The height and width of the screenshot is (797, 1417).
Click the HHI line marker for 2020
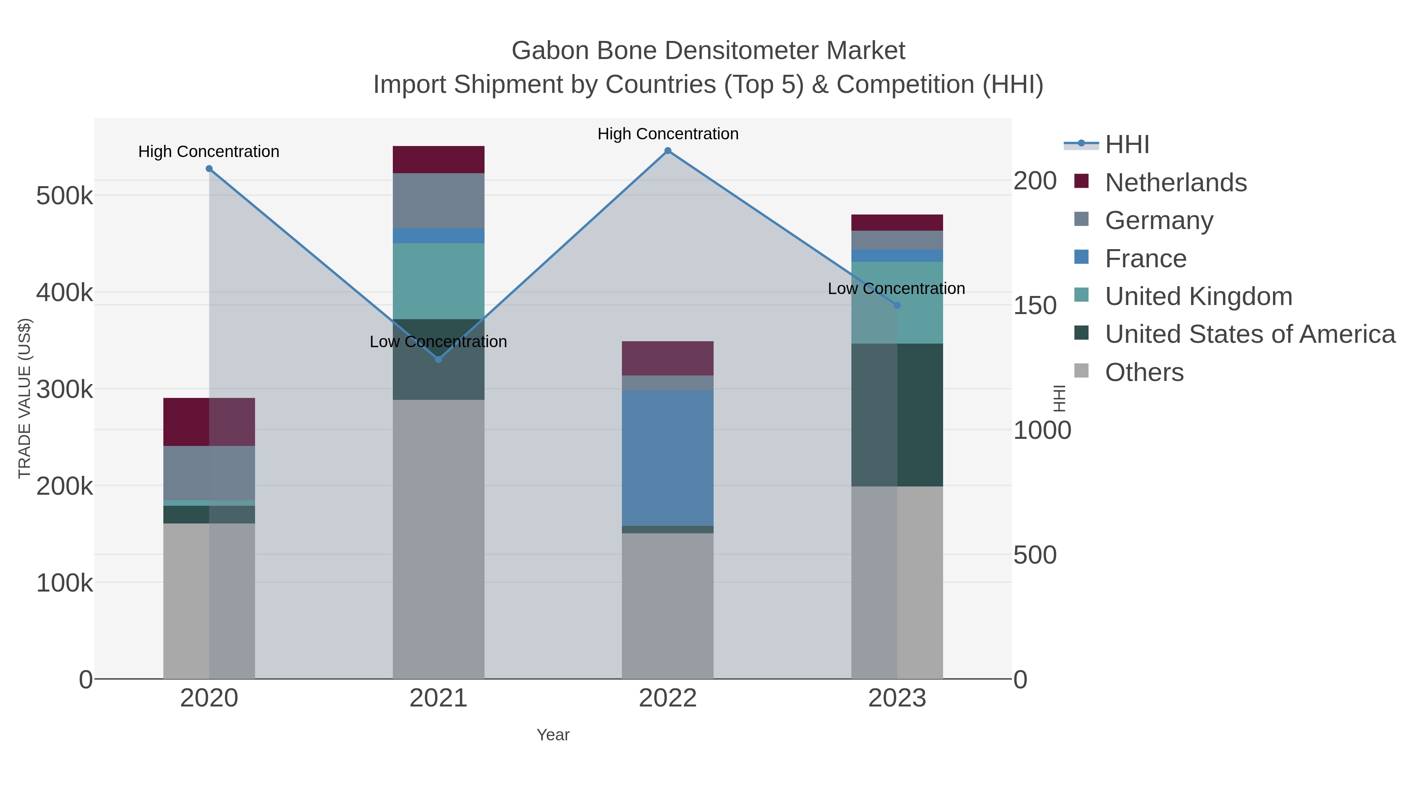pyautogui.click(x=209, y=169)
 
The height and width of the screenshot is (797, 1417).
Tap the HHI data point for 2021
pyautogui.click(x=438, y=359)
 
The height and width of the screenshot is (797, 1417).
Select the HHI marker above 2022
pyautogui.click(x=668, y=151)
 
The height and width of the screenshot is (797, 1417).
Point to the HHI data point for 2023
pyautogui.click(x=897, y=305)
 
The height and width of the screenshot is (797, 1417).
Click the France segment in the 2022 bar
pyautogui.click(x=668, y=458)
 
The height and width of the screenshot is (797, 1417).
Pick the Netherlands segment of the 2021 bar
pyautogui.click(x=438, y=159)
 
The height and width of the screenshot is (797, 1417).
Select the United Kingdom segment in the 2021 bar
pyautogui.click(x=438, y=281)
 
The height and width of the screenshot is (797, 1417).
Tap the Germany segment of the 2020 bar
pyautogui.click(x=209, y=473)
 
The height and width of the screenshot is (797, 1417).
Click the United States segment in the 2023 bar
pyautogui.click(x=897, y=415)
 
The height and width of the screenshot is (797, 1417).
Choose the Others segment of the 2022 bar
pyautogui.click(x=668, y=605)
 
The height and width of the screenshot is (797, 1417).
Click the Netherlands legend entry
pyautogui.click(x=1175, y=183)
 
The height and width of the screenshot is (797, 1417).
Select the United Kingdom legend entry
pyautogui.click(x=1198, y=296)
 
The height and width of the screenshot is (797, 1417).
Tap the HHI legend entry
pyautogui.click(x=1127, y=145)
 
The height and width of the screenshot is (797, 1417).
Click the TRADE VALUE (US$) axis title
pyautogui.click(x=25, y=398)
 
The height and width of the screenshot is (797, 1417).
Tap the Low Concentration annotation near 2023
pyautogui.click(x=896, y=289)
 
